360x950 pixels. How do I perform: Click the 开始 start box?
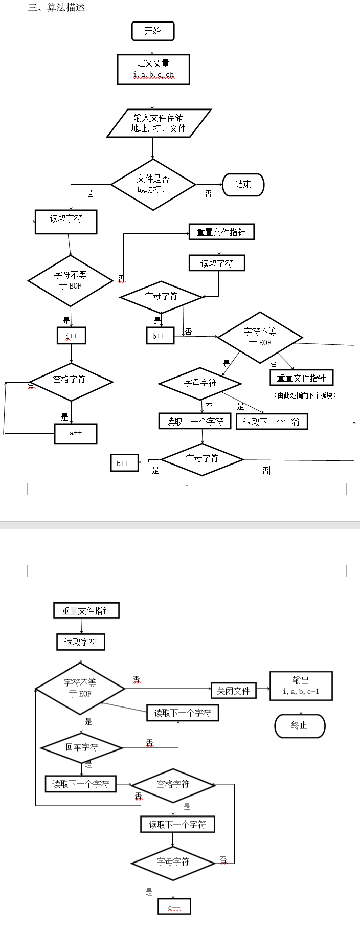coord(153,31)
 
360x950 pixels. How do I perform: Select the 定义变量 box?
coord(153,69)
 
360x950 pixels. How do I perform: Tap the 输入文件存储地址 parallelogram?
coord(159,123)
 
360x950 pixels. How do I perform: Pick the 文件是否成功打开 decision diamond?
coord(153,184)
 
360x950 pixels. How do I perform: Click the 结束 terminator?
coord(243,185)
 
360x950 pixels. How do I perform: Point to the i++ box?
coord(71,336)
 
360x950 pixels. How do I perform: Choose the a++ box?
coord(76,433)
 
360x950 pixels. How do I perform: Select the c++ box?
coord(174,907)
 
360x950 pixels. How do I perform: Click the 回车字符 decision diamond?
coord(82,747)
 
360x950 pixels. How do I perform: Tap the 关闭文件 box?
coord(234,691)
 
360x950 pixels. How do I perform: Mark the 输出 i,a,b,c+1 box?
coord(301,686)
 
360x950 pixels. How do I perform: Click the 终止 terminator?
coord(300,725)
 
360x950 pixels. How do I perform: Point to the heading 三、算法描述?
coord(56,7)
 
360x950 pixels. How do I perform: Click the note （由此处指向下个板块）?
coord(305,395)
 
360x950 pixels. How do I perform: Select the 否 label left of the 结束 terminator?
coord(208,193)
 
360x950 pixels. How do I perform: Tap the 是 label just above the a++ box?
coord(64,417)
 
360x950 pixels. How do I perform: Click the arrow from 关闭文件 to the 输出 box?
coord(263,689)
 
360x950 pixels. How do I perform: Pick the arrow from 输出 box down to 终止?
coord(301,708)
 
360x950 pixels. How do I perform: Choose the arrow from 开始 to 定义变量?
coord(152,48)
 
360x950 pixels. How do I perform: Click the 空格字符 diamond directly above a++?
coord(71,382)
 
